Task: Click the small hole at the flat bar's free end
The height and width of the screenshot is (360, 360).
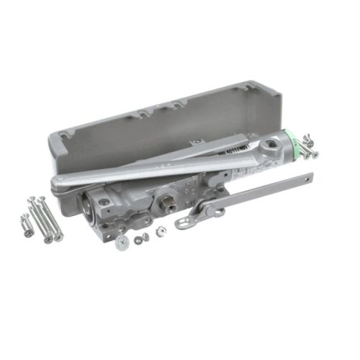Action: pyautogui.click(x=311, y=178)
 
